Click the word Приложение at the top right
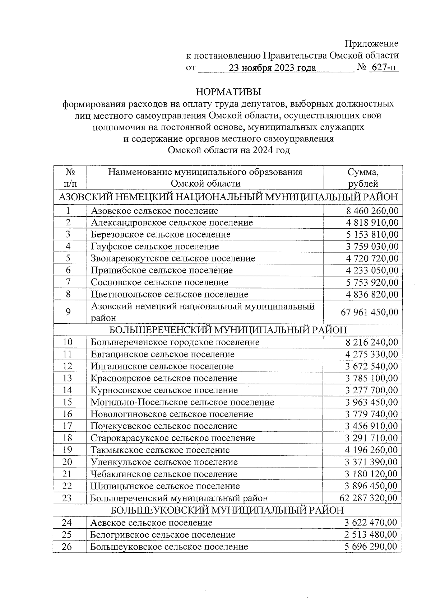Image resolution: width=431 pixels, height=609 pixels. coord(371,44)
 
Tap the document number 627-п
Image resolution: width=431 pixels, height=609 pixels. coord(384,67)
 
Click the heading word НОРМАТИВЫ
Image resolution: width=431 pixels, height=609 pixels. coord(228,92)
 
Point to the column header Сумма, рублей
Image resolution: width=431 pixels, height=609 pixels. coord(363,178)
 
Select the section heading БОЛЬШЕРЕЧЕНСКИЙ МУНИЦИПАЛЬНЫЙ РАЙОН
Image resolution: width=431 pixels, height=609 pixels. coord(228,330)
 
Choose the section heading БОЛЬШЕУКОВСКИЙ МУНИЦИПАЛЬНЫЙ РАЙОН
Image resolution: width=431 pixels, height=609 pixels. coord(227,510)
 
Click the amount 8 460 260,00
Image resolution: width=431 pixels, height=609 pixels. coord(372,211)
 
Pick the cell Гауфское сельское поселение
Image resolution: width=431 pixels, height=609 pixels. coord(154,247)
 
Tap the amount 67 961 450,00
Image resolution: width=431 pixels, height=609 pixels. coord(369,312)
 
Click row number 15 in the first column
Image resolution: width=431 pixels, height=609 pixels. coord(67,402)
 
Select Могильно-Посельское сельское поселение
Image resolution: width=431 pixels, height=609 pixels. coord(182,402)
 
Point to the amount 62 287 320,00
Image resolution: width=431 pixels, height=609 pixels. coord(368,498)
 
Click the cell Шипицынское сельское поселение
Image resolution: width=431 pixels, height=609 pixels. coord(165,486)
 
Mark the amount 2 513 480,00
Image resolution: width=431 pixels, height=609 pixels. coord(371,534)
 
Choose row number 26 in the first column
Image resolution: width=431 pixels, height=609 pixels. coord(67,547)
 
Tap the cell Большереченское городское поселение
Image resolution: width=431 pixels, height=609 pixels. coord(175,342)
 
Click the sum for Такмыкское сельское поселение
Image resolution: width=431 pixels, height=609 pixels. coord(371,450)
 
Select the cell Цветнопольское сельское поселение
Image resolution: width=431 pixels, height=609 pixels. coord(169,295)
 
